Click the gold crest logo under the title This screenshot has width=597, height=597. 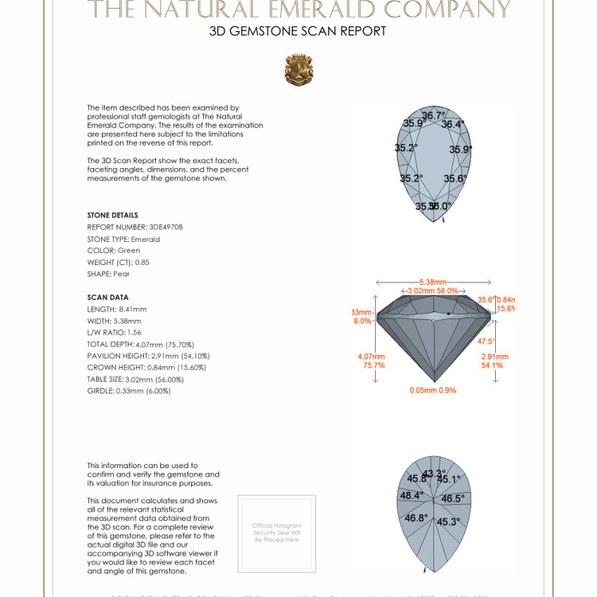(298, 70)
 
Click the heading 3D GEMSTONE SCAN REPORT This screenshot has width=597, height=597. (298, 32)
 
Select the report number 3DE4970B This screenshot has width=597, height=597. (135, 227)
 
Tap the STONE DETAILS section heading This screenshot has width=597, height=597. (112, 215)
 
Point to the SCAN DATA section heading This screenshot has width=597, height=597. (107, 297)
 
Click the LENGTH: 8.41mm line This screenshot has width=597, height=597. (117, 309)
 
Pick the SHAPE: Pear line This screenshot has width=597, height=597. (108, 274)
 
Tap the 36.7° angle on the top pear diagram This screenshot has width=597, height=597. (434, 115)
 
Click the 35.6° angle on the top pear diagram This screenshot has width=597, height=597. (455, 179)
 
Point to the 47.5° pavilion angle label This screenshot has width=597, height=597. (486, 341)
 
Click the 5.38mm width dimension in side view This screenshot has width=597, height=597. (433, 282)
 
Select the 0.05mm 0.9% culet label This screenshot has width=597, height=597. (433, 390)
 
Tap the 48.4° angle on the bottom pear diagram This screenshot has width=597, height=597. (411, 495)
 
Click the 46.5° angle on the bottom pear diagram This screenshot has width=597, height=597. (452, 498)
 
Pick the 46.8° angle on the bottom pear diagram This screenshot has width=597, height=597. (416, 518)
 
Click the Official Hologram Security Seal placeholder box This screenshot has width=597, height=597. (276, 533)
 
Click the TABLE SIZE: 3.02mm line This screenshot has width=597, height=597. (128, 379)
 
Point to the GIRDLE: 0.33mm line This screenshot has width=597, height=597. (128, 391)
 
